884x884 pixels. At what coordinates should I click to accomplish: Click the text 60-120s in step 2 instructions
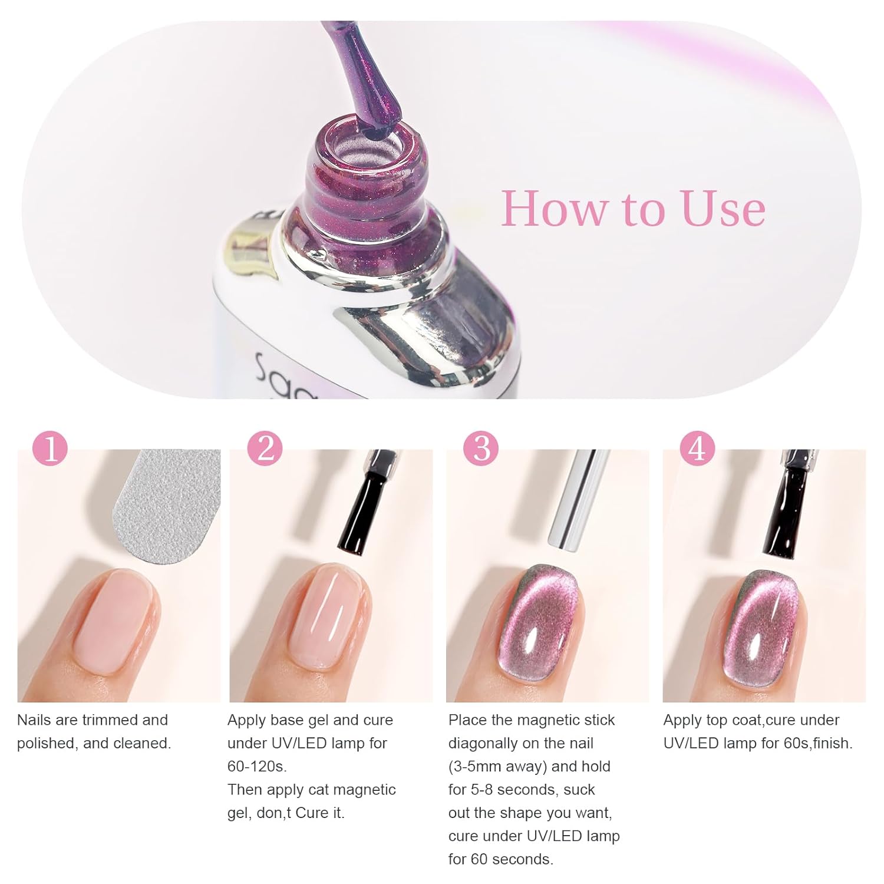[257, 766]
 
